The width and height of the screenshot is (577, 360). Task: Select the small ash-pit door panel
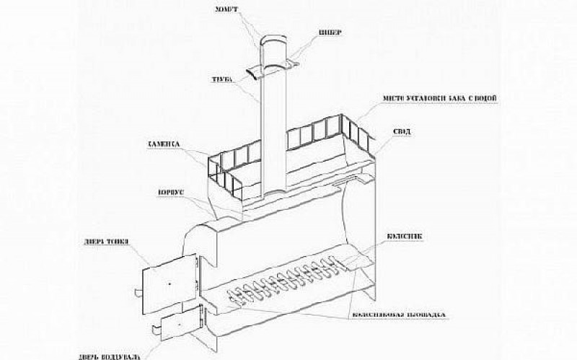coord(177,328)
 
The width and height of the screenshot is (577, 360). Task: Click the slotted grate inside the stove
coord(288,281)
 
